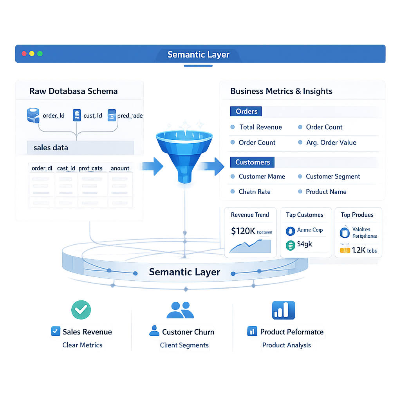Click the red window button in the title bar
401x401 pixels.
(x=24, y=54)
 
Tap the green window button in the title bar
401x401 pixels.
(x=40, y=54)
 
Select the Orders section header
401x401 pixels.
(x=246, y=111)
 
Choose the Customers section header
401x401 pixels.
(x=252, y=162)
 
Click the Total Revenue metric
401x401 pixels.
(x=260, y=127)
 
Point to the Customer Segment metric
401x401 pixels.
(x=332, y=177)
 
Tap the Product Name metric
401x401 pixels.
(x=326, y=192)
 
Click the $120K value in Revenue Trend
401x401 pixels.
(x=243, y=231)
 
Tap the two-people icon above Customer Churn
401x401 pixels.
(x=180, y=310)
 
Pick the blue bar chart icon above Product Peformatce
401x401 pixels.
(x=284, y=310)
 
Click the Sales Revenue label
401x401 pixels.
(x=87, y=332)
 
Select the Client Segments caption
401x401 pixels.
(x=184, y=345)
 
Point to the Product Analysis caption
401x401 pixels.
(x=287, y=345)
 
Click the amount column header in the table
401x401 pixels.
(x=120, y=168)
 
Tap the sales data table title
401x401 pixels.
(x=51, y=148)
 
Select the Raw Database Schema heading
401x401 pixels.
(x=74, y=92)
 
